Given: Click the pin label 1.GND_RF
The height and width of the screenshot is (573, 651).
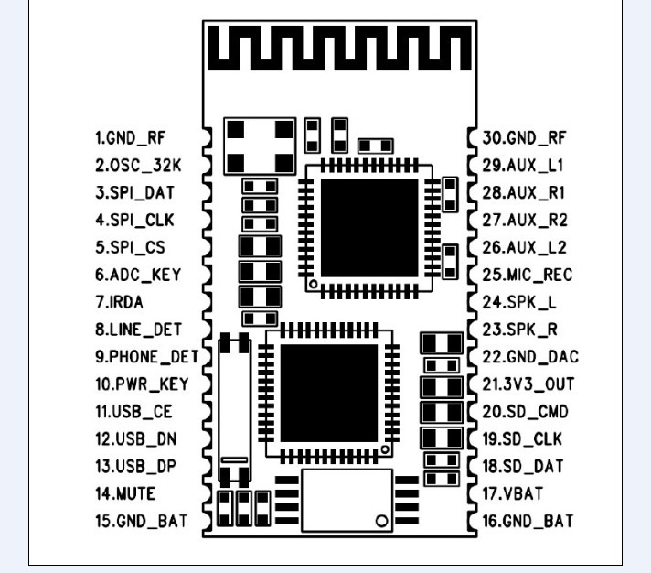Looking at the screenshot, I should click(133, 139).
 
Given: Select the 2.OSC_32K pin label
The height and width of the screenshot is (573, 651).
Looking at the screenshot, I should click(138, 167).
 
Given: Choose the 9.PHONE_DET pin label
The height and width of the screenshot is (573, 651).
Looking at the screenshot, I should click(146, 356).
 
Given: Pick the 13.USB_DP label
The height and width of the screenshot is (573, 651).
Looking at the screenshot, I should click(136, 466).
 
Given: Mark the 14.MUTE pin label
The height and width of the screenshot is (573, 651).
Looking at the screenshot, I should click(126, 493).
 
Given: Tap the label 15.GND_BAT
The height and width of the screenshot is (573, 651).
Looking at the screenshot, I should click(141, 521).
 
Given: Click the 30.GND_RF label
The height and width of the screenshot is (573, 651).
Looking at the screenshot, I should click(525, 139).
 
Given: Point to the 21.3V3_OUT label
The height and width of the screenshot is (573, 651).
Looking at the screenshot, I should click(528, 384).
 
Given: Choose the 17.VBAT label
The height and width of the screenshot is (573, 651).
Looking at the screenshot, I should click(512, 493).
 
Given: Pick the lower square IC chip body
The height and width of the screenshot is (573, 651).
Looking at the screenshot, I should click(330, 394).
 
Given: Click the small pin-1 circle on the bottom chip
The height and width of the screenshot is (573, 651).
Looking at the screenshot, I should click(381, 521).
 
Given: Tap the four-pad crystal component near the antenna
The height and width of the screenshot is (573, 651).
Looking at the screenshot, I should click(261, 145).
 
